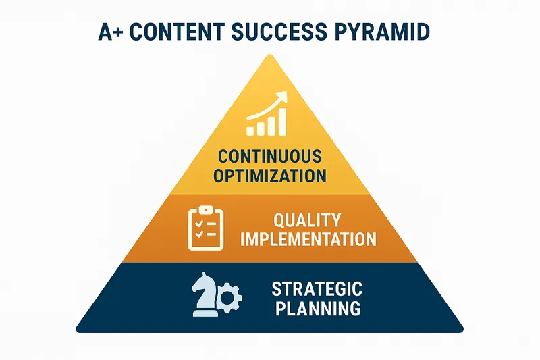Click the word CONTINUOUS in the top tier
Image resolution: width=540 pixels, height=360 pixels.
pyautogui.click(x=269, y=157)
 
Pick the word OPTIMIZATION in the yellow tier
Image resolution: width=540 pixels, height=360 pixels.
pyautogui.click(x=269, y=176)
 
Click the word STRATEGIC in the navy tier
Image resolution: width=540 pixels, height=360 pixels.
pyautogui.click(x=317, y=290)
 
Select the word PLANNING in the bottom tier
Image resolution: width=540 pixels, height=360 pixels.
pyautogui.click(x=317, y=309)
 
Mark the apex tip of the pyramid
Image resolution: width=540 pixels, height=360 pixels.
pyautogui.click(x=270, y=55)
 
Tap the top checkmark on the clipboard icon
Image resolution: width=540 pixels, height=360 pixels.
pyautogui.click(x=197, y=222)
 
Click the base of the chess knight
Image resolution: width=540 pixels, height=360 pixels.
pyautogui.click(x=205, y=313)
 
